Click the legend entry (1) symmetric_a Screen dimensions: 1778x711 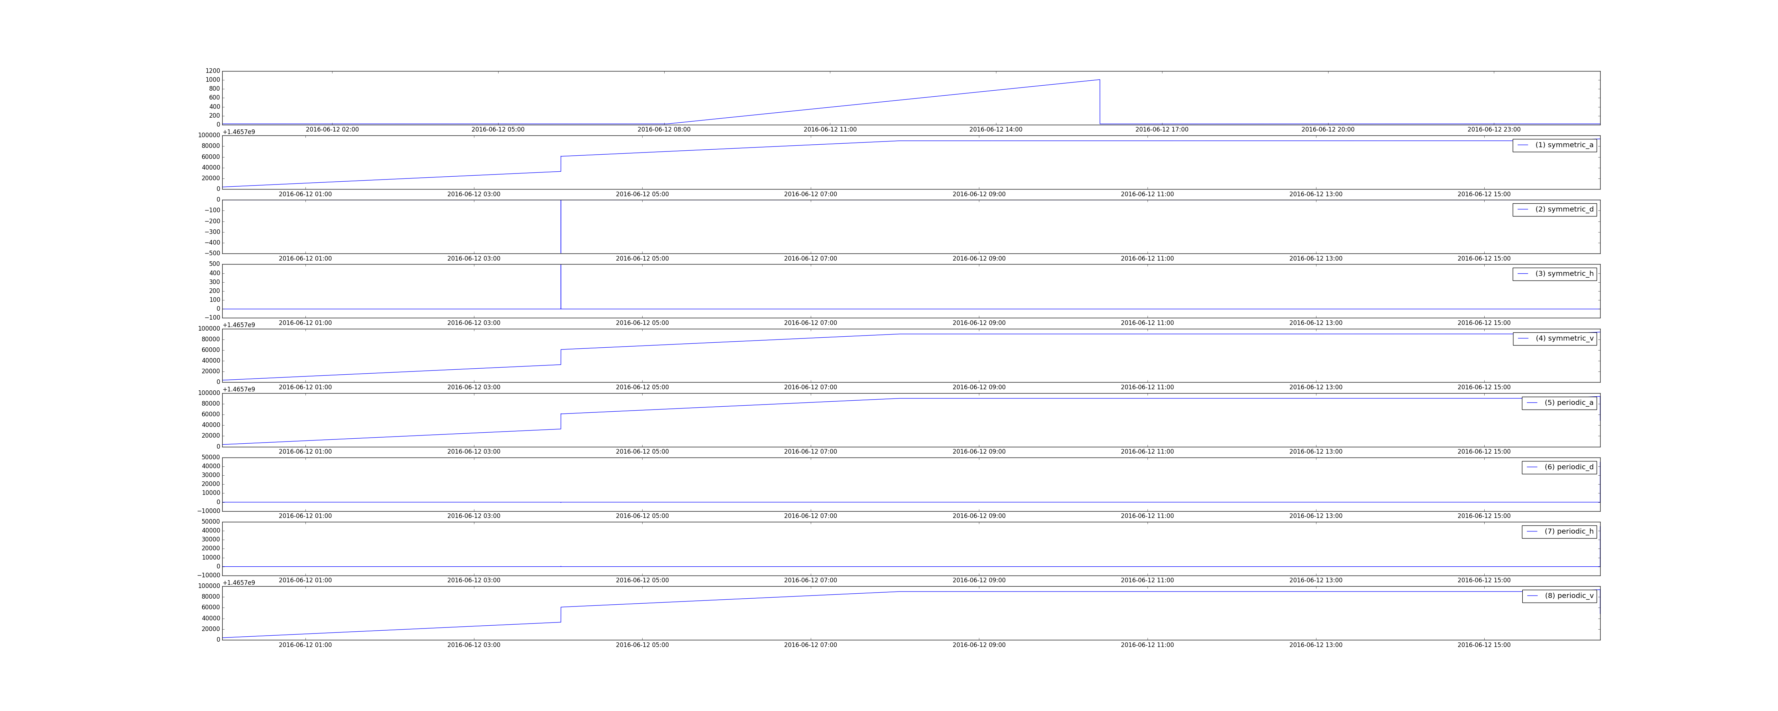[x=1554, y=145]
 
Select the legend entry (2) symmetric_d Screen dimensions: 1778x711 [x=1554, y=209]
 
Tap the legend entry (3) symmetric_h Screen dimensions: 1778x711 [x=1554, y=273]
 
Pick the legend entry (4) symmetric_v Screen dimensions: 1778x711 [x=1554, y=338]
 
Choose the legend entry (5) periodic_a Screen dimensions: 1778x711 [x=1559, y=402]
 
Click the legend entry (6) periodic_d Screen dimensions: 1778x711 [x=1559, y=467]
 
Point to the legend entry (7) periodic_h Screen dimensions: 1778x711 [x=1559, y=531]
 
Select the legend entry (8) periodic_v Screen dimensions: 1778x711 [x=1559, y=596]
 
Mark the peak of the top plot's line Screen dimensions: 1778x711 [x=1100, y=80]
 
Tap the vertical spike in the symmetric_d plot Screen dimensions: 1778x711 [x=560, y=226]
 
